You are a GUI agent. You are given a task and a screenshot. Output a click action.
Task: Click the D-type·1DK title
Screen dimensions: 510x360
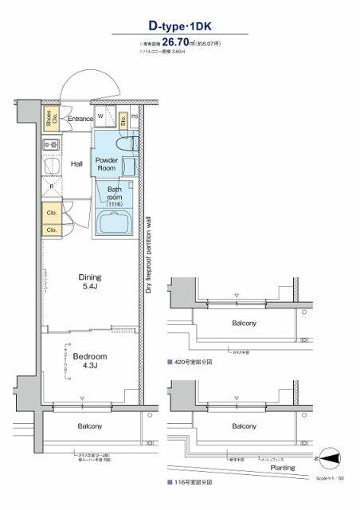click(179, 27)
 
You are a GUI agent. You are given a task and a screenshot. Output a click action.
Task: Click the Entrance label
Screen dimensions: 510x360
click(80, 120)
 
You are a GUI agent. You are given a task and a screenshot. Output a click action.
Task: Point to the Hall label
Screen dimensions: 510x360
click(77, 164)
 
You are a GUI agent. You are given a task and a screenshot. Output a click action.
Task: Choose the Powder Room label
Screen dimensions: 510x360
click(108, 164)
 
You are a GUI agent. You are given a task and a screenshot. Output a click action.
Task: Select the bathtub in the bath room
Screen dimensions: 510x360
click(115, 222)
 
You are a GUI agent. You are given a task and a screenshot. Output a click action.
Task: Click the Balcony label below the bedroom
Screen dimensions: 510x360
click(89, 426)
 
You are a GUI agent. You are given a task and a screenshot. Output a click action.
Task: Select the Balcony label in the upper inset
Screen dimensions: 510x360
click(244, 324)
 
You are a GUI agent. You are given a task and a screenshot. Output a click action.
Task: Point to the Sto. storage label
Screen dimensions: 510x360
click(123, 120)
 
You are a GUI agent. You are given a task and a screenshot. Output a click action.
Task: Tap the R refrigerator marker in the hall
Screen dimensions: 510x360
click(52, 187)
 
